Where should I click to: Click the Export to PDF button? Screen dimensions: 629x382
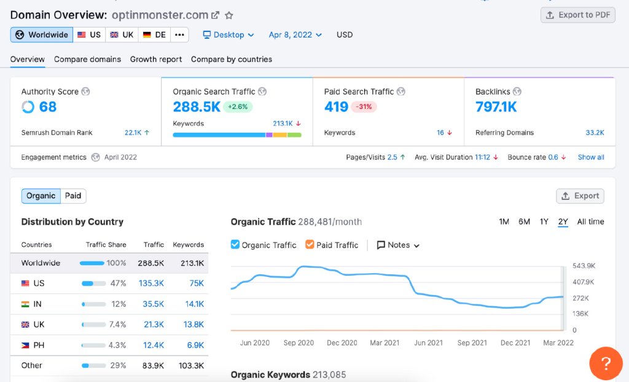click(577, 15)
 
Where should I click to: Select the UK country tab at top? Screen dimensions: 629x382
click(122, 34)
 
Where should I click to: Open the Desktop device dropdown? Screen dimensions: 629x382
click(229, 35)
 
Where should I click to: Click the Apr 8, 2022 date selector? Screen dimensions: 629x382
click(295, 35)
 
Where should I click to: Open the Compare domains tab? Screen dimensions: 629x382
click(87, 59)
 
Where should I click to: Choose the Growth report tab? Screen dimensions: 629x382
click(155, 59)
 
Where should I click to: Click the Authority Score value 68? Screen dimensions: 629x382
click(48, 107)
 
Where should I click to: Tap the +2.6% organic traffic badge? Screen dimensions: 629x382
click(238, 107)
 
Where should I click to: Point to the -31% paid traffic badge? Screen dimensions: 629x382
click(364, 107)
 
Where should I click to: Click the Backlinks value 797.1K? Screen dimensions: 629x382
click(496, 107)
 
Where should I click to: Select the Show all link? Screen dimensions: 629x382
click(590, 157)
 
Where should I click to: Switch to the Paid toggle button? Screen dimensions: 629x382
click(73, 196)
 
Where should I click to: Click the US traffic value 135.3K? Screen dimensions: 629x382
click(151, 283)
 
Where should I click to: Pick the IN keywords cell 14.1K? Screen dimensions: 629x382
click(195, 304)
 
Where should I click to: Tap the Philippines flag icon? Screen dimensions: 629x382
click(25, 345)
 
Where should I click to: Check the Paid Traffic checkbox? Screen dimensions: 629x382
click(310, 245)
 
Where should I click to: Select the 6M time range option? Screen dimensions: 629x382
click(524, 221)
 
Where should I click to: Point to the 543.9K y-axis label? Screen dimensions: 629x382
click(584, 266)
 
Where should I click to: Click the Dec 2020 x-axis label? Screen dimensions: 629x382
click(342, 343)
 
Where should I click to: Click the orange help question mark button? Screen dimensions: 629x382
click(606, 363)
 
